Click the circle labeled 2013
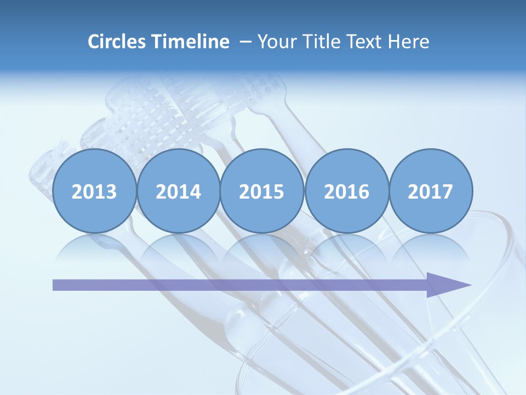pos(94,191)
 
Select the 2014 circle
pos(178,191)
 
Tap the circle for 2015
pos(262,191)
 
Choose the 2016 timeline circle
pos(346,191)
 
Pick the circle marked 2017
pos(430,191)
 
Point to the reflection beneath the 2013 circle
pos(94,247)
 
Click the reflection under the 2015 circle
pos(262,247)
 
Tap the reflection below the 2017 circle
pos(430,247)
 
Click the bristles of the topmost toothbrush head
pos(159,104)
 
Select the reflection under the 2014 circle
pos(178,247)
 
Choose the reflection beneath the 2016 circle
pos(346,247)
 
